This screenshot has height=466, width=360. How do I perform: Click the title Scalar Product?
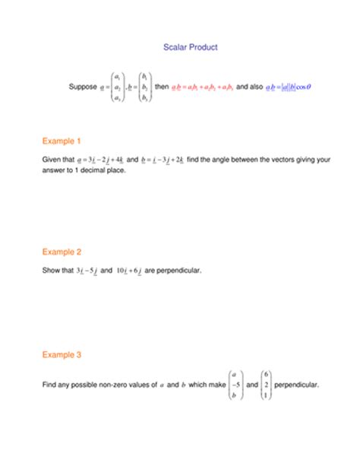click(191, 47)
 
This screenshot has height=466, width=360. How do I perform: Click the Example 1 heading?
click(62, 141)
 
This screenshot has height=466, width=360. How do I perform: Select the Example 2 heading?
click(62, 252)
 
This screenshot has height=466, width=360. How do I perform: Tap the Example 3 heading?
click(62, 354)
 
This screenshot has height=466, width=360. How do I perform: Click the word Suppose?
click(83, 87)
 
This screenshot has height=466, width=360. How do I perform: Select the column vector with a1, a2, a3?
click(117, 87)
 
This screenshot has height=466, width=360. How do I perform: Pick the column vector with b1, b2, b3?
click(144, 87)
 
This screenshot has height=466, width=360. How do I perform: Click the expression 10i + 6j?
click(123, 271)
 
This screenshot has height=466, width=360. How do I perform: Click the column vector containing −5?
click(235, 385)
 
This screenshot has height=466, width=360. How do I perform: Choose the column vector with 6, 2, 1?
click(266, 385)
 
